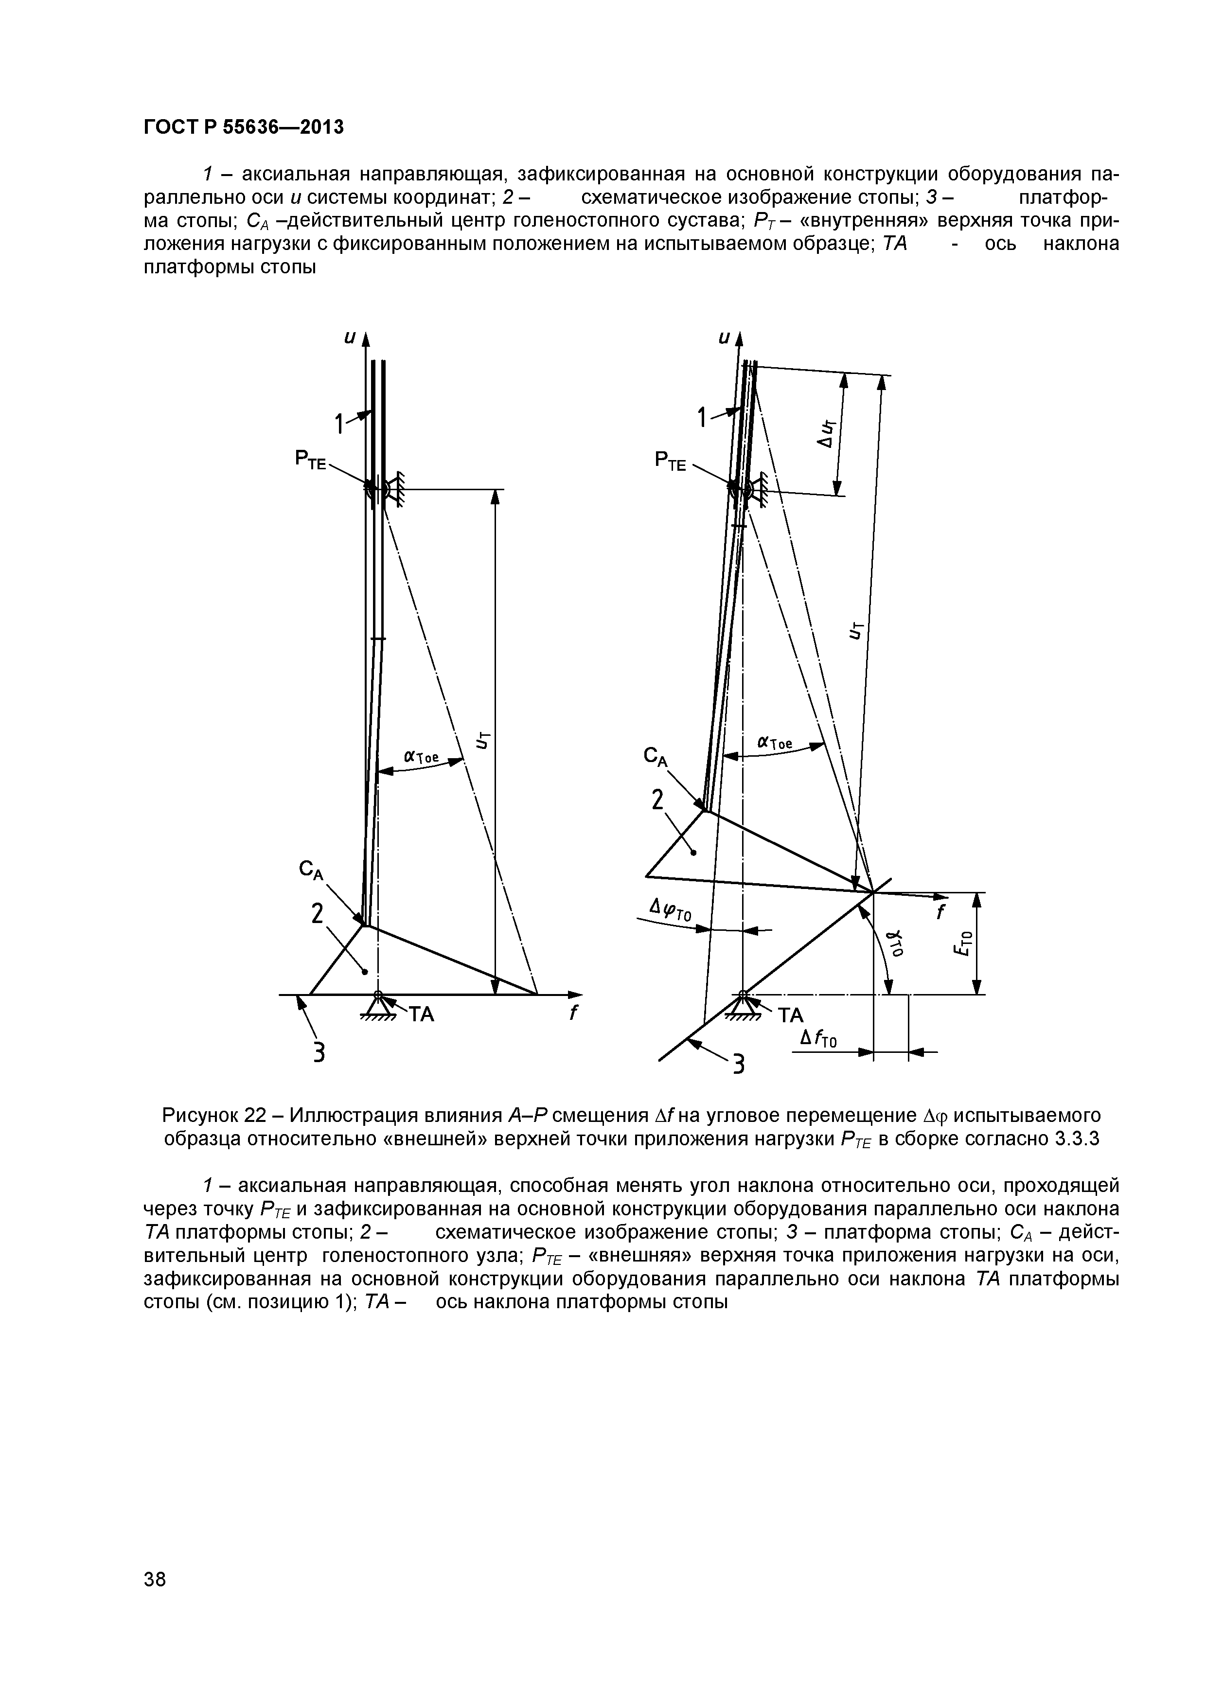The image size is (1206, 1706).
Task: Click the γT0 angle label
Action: pyautogui.click(x=897, y=943)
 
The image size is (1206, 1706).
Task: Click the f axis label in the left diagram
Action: pyautogui.click(x=573, y=1013)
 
